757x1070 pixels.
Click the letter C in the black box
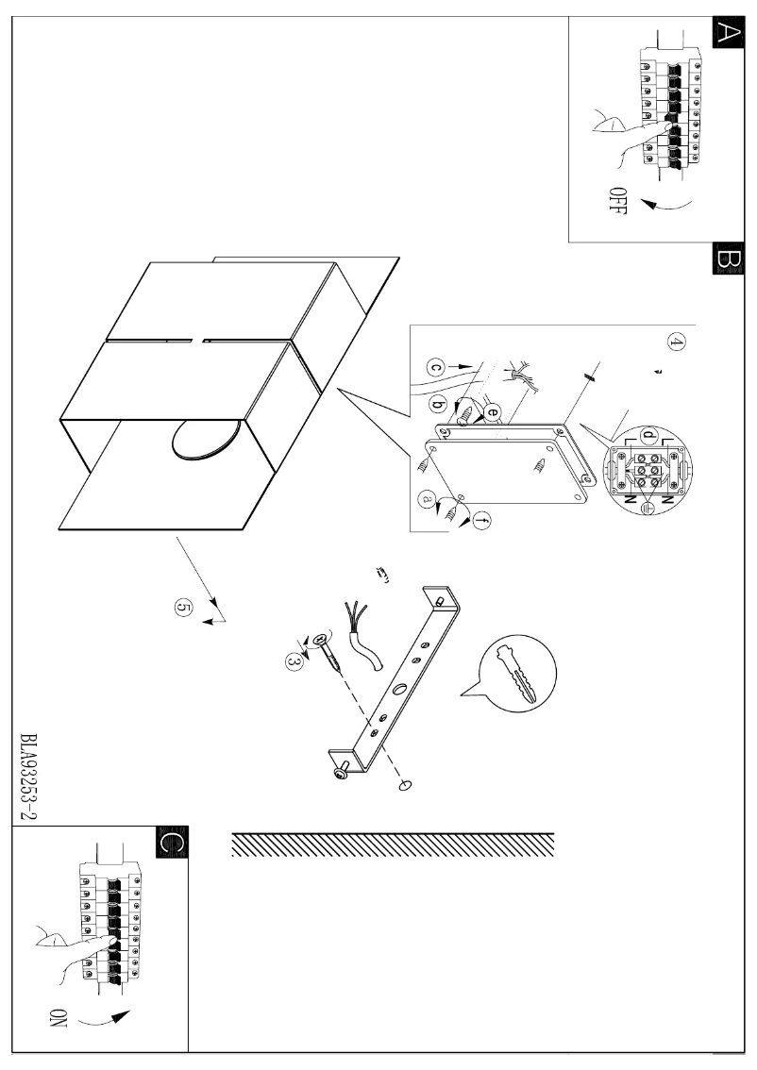point(172,842)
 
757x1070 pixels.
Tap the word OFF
point(618,201)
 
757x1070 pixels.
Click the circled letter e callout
point(492,411)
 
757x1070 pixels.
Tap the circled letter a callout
point(428,502)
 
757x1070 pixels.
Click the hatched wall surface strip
point(392,845)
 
